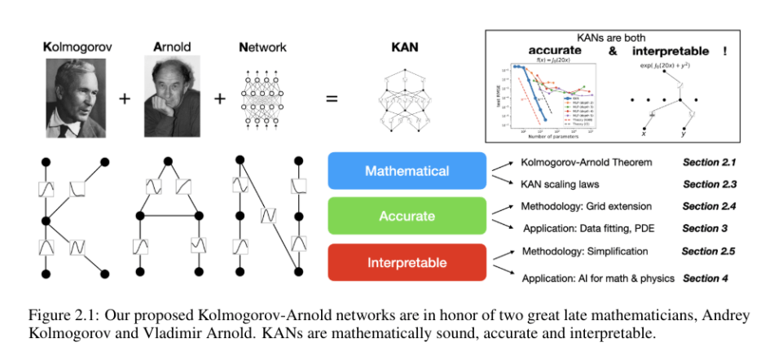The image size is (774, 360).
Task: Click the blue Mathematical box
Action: click(407, 171)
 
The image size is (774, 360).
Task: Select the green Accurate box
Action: click(407, 217)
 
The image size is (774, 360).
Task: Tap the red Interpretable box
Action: click(407, 263)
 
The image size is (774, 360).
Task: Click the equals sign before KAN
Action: click(332, 100)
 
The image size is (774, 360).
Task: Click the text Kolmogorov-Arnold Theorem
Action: click(587, 162)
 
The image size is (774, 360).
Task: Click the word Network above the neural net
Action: click(262, 48)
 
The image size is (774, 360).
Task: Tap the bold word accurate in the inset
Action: click(538, 50)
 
